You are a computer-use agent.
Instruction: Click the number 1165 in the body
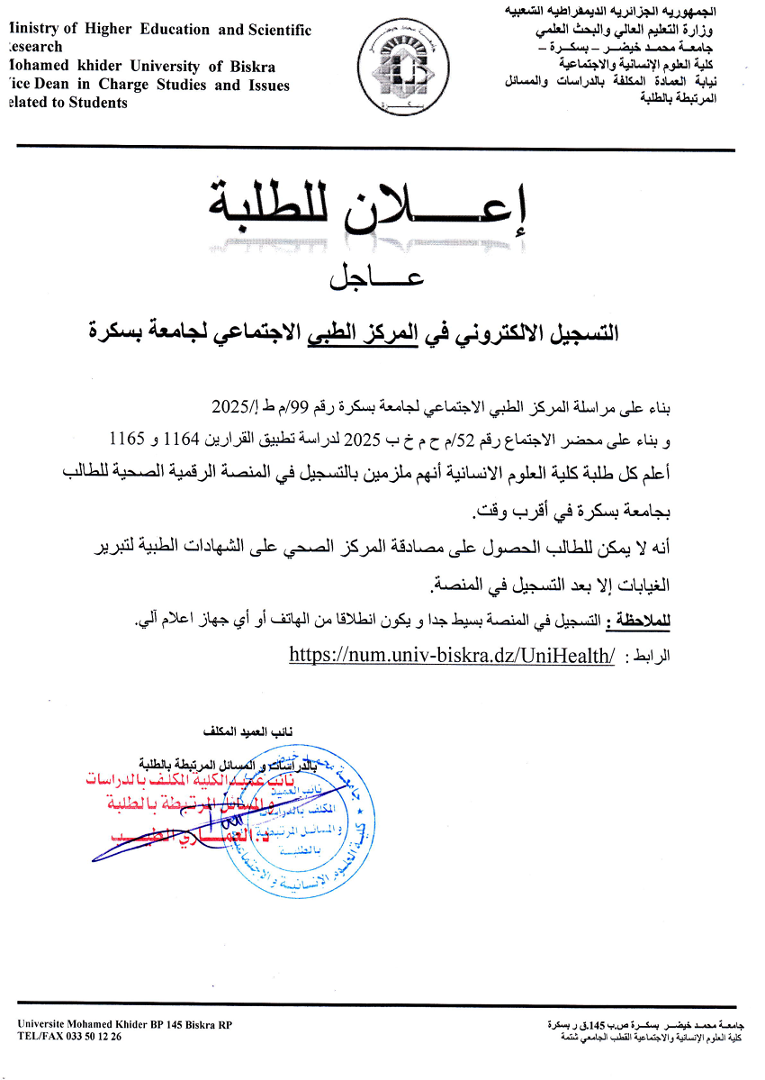point(127,439)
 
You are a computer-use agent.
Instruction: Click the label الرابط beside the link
point(648,657)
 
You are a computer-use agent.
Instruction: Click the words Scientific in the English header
point(280,30)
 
